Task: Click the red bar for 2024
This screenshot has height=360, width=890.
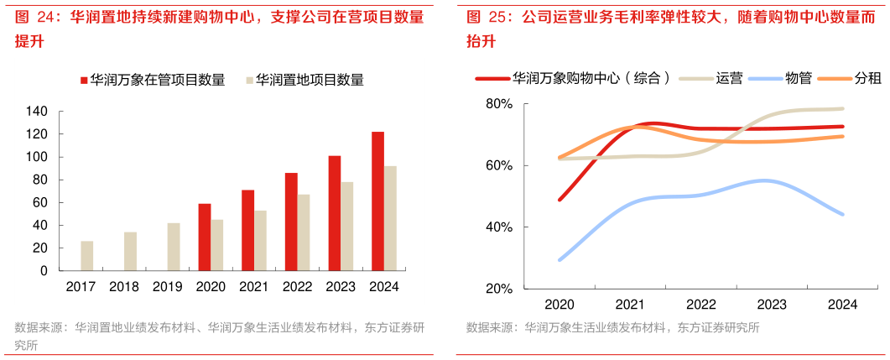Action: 377,201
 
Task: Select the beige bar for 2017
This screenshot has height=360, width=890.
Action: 86,256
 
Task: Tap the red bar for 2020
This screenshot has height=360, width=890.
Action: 204,237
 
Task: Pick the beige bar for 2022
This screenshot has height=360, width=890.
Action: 304,232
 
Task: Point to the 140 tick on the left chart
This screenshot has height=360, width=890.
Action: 38,112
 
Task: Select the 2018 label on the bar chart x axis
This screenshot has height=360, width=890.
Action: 123,286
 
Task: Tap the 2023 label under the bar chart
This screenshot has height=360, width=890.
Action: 341,286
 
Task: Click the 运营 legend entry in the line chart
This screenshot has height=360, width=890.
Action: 728,78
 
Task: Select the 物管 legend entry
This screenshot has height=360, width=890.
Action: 798,78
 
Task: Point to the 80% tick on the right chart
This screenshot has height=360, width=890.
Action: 499,104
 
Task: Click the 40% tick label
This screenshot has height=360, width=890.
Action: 499,227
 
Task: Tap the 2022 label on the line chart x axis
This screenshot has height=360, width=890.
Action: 700,305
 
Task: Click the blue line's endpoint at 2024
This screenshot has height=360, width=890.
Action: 842,214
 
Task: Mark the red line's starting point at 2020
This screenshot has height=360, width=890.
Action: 560,200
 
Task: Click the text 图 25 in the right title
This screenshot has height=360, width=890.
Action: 486,16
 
